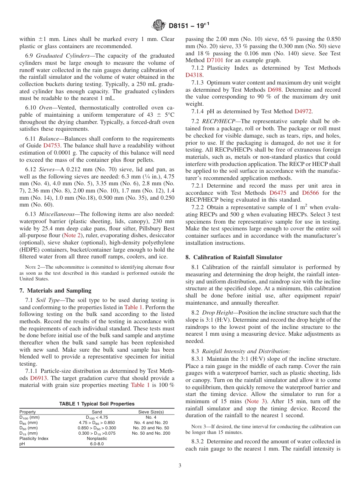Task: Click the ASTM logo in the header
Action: point(158,25)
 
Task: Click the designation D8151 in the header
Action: point(182,26)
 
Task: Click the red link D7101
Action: point(215,60)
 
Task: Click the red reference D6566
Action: point(310,193)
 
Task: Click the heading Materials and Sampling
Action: point(55,291)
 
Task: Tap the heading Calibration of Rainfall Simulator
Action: point(233,257)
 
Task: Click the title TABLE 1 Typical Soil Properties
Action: point(97,404)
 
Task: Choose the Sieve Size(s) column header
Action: point(151,412)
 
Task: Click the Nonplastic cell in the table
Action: point(97,438)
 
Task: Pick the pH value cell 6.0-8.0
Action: point(97,444)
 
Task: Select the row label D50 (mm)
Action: point(29,428)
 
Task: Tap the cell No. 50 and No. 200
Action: point(151,433)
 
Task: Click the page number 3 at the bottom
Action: point(180,465)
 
